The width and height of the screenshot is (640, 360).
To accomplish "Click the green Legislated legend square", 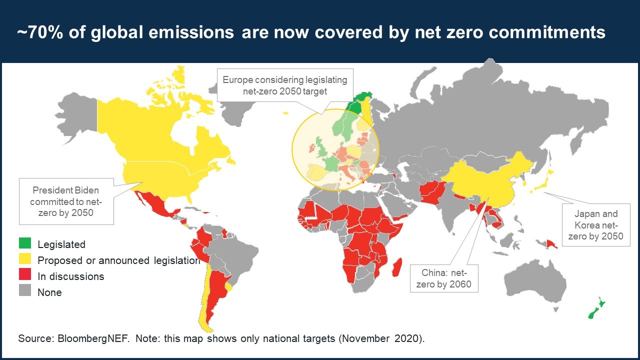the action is pos(25,243).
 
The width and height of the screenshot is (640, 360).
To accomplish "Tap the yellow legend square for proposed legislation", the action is pos(25,259).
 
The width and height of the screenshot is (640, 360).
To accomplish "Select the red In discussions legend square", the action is pos(25,274).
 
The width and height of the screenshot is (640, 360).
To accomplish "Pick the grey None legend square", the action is pos(25,290).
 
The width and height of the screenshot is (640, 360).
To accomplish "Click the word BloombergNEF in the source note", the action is pos(93,338).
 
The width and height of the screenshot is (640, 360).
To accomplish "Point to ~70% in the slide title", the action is pos(39,31).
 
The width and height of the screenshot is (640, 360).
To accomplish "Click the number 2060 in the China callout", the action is pos(460,284).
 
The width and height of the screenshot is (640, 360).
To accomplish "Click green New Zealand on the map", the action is pos(597,308).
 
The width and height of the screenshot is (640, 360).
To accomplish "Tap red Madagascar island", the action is pos(397,267).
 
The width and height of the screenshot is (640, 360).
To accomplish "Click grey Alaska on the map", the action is pos(77,117).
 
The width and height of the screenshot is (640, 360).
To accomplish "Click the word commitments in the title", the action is pos(547,32).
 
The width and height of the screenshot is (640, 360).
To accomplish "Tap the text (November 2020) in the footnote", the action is pos(382,338).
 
